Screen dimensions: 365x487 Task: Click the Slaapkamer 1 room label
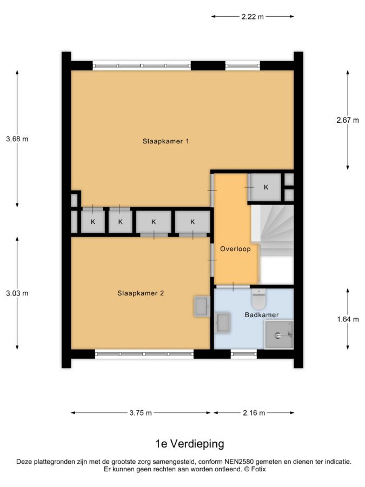pos(166,141)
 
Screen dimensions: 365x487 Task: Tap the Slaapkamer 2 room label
pos(141,293)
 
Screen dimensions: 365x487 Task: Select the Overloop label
pos(235,249)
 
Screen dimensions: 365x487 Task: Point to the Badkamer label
pos(262,314)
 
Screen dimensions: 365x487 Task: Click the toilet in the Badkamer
pos(259,299)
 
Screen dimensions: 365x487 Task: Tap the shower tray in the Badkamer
pos(279,334)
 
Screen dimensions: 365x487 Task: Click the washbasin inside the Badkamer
pos(223,323)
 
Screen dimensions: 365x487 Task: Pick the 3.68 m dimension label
pos(17,139)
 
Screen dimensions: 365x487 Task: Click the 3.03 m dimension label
pos(17,293)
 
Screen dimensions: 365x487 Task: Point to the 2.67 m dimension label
pos(348,120)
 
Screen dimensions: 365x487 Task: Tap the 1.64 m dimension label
pos(348,319)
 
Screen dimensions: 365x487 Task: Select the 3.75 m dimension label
pos(141,413)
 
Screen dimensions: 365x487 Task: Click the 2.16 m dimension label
pos(254,413)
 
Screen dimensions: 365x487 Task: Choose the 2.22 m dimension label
pos(253,16)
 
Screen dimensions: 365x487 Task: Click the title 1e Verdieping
pos(190,444)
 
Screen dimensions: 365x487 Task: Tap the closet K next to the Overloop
pos(266,187)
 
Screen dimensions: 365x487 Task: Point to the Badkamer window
pos(244,354)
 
